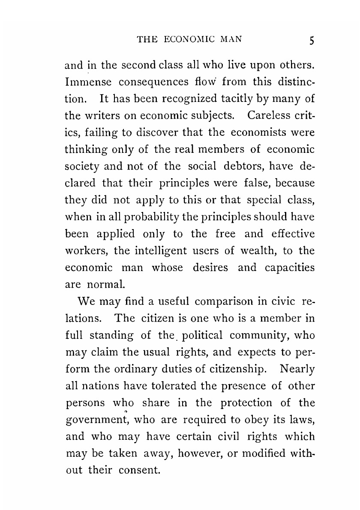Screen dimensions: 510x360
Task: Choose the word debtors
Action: [x=234, y=166]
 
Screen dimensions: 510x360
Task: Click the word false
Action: [x=237, y=182]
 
